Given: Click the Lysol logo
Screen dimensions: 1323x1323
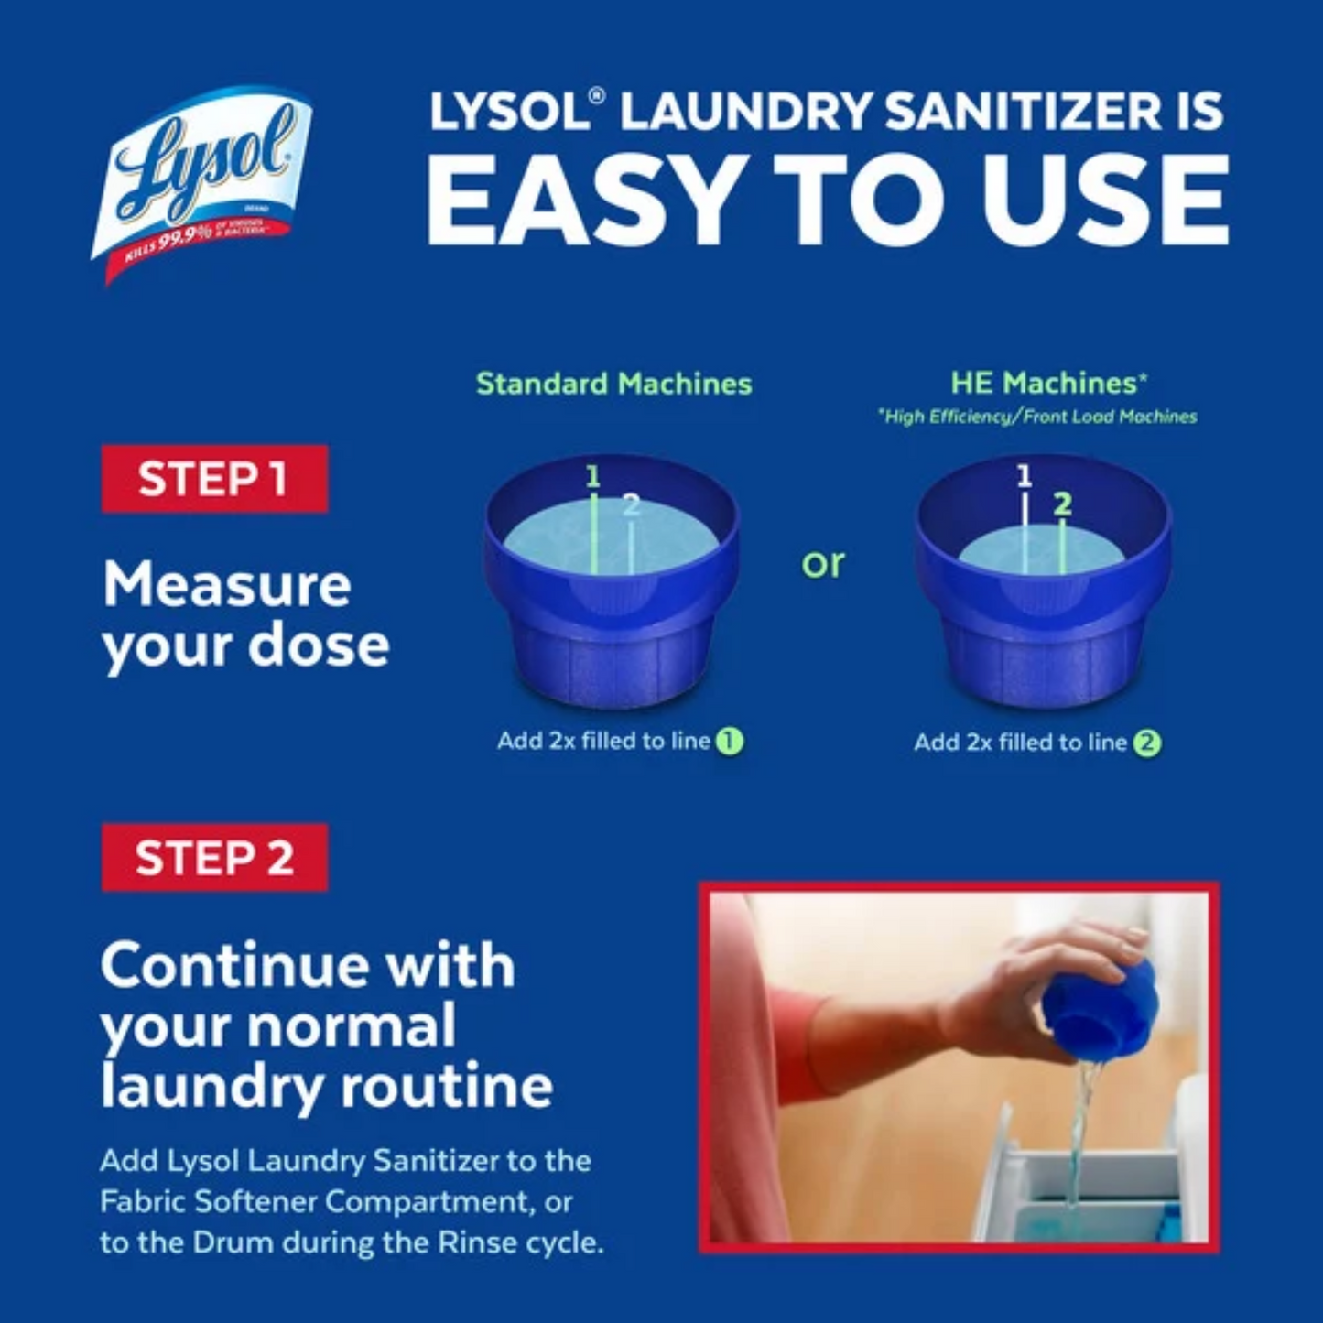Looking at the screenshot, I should coord(203,183).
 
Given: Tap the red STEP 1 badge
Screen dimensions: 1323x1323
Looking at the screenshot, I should coord(214,479).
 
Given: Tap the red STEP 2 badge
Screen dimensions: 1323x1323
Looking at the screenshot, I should coord(214,858).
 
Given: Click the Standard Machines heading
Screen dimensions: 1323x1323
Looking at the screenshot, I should coord(613,384).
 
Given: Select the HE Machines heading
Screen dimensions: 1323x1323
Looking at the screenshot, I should coord(1048,383).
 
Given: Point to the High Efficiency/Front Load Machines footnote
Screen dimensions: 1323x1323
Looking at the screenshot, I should coord(1037,417).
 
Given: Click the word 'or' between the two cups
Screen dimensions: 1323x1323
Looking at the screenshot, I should coord(822,563).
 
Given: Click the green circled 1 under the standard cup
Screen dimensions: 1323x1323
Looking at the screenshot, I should coord(730,741).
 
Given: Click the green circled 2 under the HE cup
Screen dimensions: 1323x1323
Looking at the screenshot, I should coord(1147,743).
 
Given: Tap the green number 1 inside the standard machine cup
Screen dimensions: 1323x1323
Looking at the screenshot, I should coord(593,476).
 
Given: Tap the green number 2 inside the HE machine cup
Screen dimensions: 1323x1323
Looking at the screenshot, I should coord(1062,504).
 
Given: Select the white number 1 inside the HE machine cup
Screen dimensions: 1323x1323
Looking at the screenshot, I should coord(1024,476).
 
